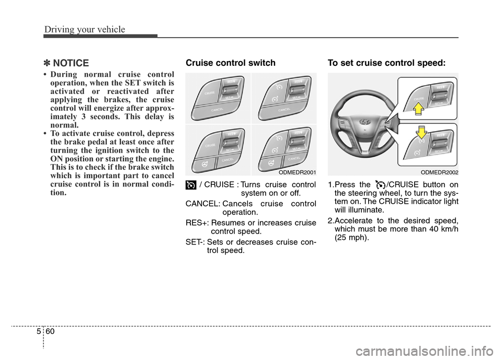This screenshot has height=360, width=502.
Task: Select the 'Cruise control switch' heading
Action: (x=231, y=63)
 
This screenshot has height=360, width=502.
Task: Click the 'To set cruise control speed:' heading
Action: (x=387, y=63)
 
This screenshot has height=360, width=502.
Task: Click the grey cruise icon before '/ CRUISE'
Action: (x=191, y=185)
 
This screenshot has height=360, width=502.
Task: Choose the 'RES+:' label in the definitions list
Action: (x=197, y=223)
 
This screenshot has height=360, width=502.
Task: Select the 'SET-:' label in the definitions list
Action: (x=196, y=241)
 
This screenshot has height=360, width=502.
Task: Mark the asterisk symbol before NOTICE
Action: (x=45, y=64)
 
